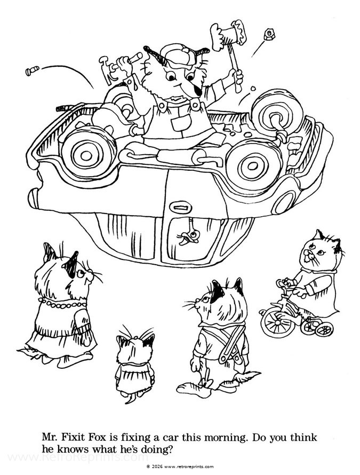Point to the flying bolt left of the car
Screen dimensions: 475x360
click(x=31, y=69)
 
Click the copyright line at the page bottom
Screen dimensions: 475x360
click(x=180, y=466)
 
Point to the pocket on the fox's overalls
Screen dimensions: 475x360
click(x=177, y=121)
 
